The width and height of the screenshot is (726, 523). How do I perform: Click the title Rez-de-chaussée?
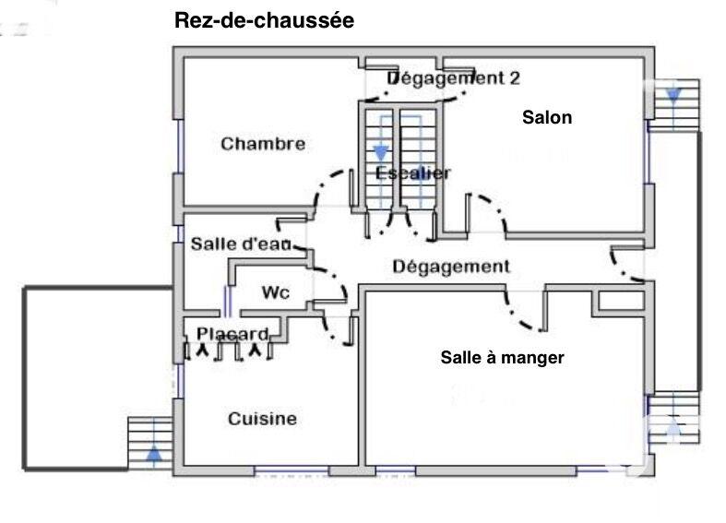[264, 21]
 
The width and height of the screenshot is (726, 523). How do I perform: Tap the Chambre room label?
[263, 144]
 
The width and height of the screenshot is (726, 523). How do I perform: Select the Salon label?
[547, 117]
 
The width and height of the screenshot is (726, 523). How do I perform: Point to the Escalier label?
[413, 173]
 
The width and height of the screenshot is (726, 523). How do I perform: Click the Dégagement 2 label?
[452, 78]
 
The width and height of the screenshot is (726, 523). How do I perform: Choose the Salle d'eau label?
[241, 244]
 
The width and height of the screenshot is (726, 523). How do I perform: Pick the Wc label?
[276, 293]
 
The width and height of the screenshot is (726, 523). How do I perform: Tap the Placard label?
[232, 334]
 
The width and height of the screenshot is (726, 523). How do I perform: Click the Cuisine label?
[262, 419]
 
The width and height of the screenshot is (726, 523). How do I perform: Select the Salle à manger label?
[502, 357]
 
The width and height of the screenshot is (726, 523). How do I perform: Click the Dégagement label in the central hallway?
[451, 267]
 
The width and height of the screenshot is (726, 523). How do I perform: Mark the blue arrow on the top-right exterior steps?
[672, 94]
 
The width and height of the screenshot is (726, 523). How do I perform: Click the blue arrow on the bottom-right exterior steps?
[672, 427]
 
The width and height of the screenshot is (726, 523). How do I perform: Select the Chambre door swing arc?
[327, 189]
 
